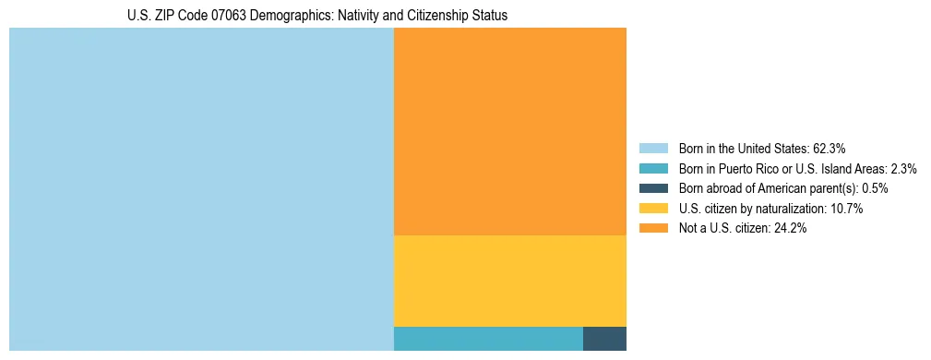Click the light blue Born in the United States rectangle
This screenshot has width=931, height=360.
pos(201,189)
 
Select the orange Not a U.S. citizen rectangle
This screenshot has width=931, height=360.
pos(510,131)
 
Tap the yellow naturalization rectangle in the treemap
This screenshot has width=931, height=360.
pos(510,281)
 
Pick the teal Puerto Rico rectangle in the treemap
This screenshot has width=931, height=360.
pos(488,339)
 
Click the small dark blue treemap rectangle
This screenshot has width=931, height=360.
pos(604,339)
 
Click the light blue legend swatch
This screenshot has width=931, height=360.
pos(653,148)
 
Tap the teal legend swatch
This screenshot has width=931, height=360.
pos(653,168)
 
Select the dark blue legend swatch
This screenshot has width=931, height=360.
pos(653,188)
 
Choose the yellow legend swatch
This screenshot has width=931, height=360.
pos(653,209)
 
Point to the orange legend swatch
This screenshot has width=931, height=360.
pos(653,228)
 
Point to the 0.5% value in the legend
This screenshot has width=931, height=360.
pos(875,188)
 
